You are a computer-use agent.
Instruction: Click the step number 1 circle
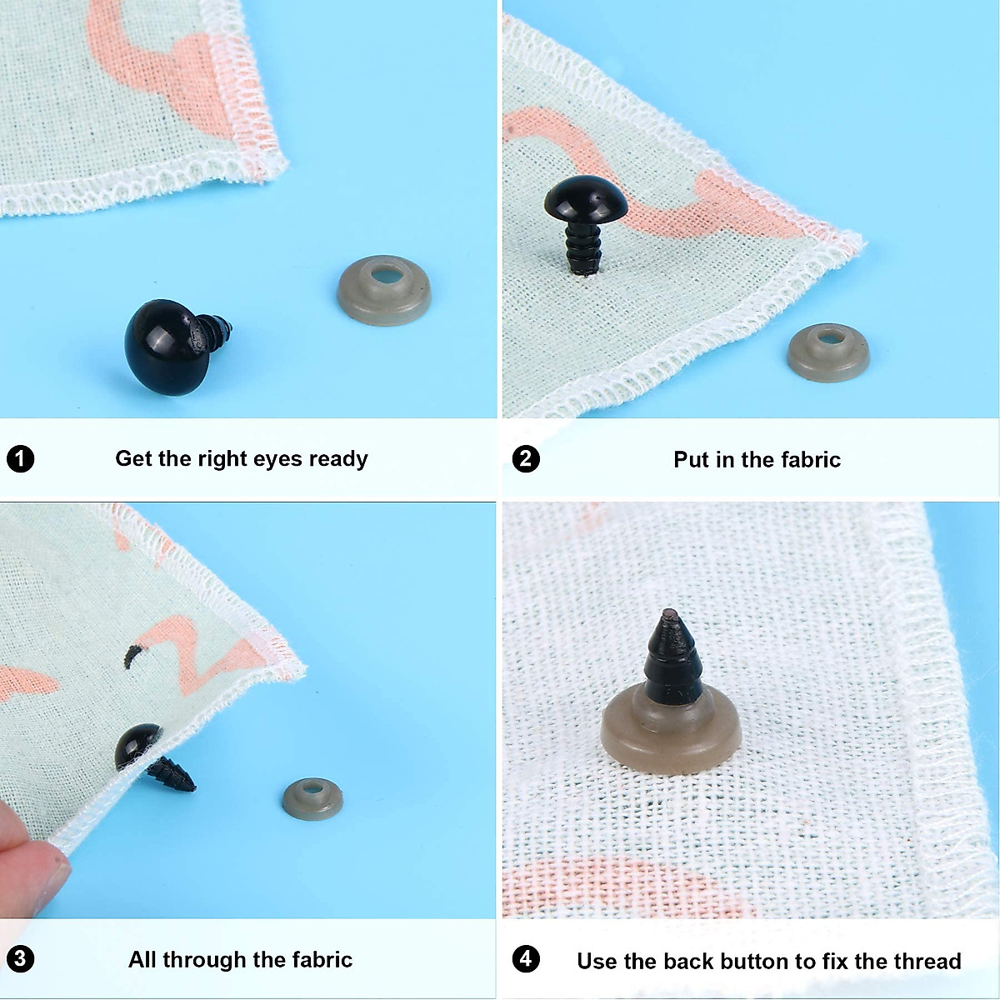(x=20, y=459)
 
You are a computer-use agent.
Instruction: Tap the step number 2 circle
(x=526, y=459)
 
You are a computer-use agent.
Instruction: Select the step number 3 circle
(x=20, y=959)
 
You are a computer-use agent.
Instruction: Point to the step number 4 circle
(x=526, y=959)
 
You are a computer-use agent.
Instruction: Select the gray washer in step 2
(x=827, y=352)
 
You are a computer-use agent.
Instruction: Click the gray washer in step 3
(x=312, y=799)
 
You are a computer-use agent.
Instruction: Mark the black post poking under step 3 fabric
(x=172, y=776)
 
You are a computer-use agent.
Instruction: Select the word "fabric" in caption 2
(x=810, y=459)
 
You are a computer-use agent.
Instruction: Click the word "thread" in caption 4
(x=927, y=961)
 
